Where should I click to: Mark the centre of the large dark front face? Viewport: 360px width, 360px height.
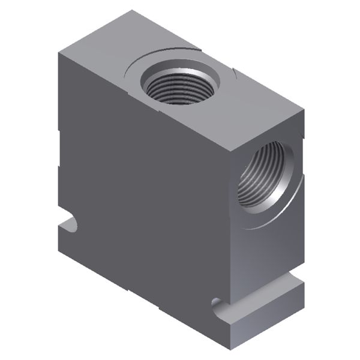click(x=144, y=198)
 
